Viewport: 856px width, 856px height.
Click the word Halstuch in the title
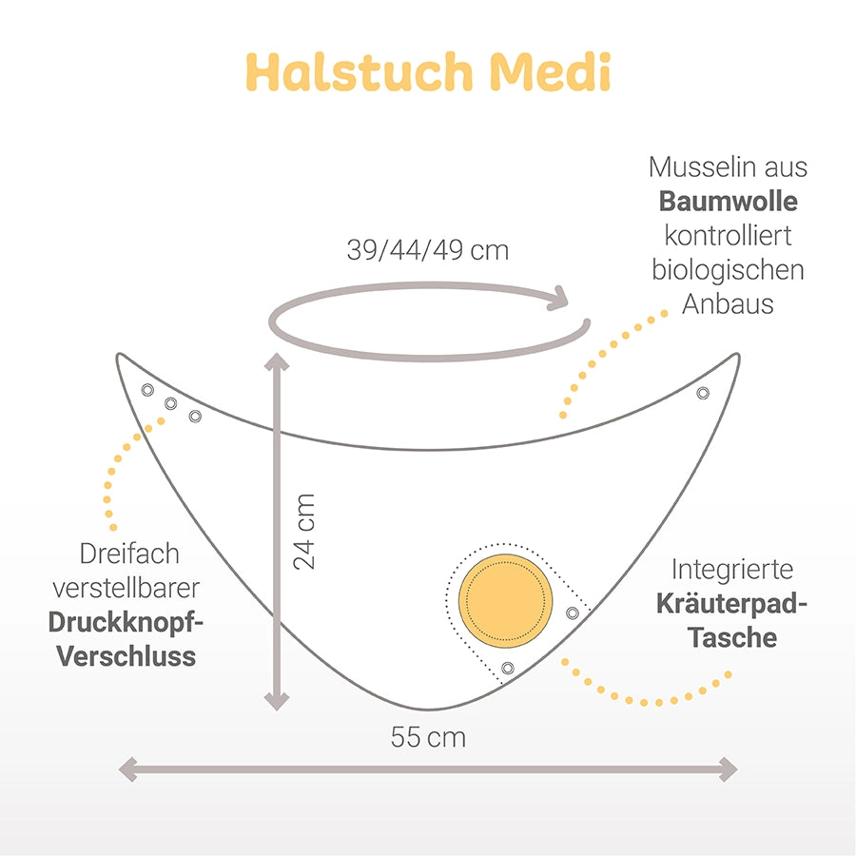click(359, 71)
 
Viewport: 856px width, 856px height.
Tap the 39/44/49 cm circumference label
click(428, 250)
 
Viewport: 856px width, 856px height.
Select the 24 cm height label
click(304, 532)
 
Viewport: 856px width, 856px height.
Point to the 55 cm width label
click(428, 737)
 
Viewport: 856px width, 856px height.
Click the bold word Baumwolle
click(728, 201)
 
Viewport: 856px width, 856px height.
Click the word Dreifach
click(129, 554)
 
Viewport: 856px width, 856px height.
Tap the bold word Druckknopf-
click(126, 622)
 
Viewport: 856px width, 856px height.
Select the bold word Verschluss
click(126, 656)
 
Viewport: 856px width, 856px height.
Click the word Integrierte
click(732, 570)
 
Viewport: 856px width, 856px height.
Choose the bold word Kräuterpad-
click(731, 604)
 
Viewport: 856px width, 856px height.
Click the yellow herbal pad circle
click(505, 600)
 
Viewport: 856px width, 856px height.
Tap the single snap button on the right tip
click(703, 393)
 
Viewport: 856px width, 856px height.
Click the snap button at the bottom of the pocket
click(507, 668)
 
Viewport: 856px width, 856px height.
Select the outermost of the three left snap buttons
click(147, 390)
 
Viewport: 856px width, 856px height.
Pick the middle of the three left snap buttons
click(171, 403)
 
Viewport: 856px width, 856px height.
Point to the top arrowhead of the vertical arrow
click(277, 362)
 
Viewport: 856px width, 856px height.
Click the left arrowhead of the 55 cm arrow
click(127, 769)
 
